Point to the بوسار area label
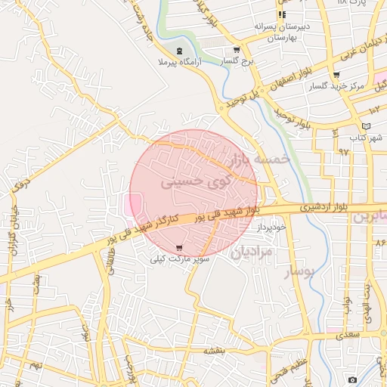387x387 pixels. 297,273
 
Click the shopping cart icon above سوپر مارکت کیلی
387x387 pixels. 179,248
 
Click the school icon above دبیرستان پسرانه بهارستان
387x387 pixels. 281,14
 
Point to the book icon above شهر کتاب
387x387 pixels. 366,126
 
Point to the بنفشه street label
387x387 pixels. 215,351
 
